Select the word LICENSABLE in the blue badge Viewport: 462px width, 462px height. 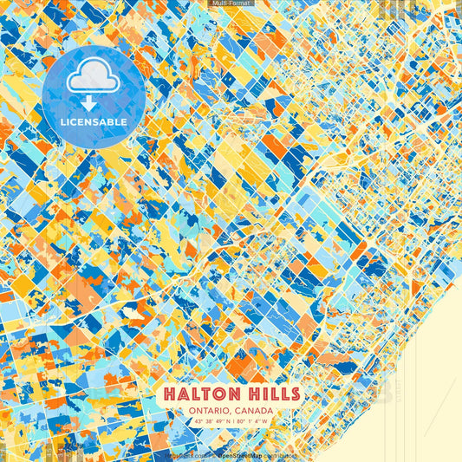click(x=94, y=122)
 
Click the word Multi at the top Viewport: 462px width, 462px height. click(x=220, y=3)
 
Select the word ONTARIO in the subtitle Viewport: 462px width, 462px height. click(x=209, y=410)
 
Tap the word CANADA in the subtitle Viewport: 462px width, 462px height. click(x=253, y=410)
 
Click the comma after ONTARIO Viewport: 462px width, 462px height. click(x=230, y=412)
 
